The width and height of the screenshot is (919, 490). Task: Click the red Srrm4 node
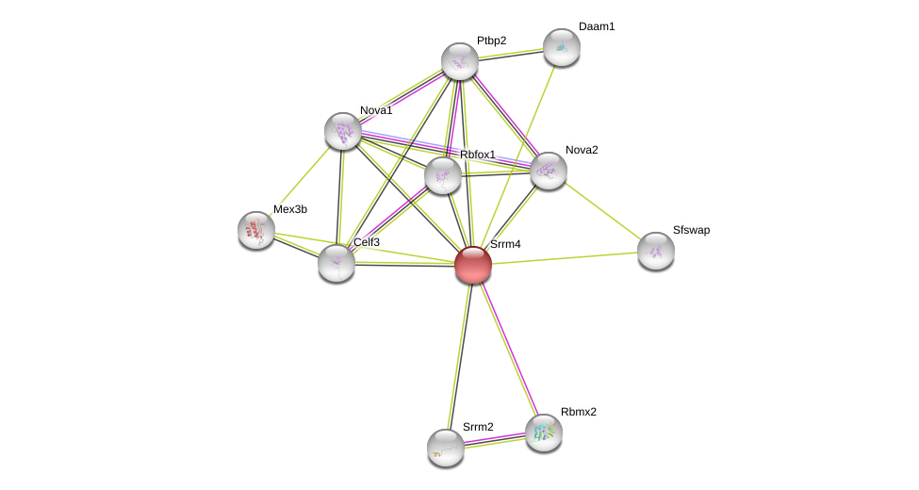click(x=473, y=265)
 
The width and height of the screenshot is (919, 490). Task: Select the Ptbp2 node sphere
click(x=460, y=61)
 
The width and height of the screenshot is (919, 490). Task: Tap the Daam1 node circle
click(x=561, y=47)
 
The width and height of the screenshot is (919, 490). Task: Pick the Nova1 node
click(x=343, y=131)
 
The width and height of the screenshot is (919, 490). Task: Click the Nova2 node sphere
click(x=549, y=171)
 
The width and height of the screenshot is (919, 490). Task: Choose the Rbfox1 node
click(x=443, y=175)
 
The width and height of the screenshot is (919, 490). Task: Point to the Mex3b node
click(x=256, y=230)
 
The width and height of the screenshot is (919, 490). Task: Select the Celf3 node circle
click(x=336, y=263)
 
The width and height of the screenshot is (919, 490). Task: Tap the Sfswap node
click(x=656, y=251)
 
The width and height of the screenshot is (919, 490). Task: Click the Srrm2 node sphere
click(x=446, y=448)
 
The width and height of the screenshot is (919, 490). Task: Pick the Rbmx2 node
click(x=544, y=433)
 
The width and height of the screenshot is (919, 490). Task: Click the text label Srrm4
click(x=505, y=244)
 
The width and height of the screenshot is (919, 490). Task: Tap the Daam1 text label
click(x=597, y=26)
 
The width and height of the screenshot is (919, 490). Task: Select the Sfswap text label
click(x=691, y=230)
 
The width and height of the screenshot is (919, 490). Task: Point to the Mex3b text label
click(x=290, y=209)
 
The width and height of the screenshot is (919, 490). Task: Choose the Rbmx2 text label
click(x=579, y=412)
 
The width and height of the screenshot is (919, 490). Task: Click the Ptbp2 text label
click(x=491, y=41)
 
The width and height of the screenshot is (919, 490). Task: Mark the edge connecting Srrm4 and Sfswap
click(x=566, y=257)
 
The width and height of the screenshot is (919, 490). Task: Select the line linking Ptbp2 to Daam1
click(x=510, y=55)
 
